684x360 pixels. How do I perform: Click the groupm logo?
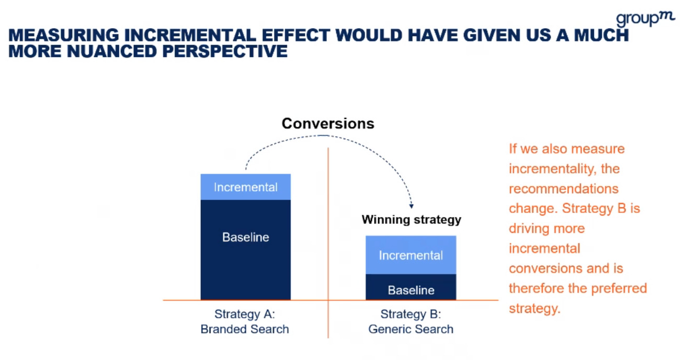645,19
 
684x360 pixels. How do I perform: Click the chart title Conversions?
328,123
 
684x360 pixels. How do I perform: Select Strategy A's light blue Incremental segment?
245,187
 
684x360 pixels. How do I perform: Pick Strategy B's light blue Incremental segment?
411,255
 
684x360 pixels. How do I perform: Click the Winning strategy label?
411,219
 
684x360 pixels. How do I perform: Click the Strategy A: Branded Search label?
245,322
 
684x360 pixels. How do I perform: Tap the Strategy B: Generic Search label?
411,322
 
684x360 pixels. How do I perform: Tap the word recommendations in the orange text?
563,189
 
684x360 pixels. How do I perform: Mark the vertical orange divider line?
328,241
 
